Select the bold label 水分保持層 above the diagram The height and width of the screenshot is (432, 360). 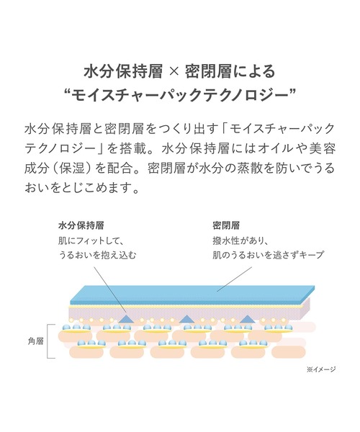(81, 225)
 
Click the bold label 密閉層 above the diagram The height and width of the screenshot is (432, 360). (226, 225)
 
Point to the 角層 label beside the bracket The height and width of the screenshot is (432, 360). (36, 341)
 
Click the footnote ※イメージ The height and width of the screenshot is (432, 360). (321, 369)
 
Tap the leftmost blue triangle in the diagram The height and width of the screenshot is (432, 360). (127, 318)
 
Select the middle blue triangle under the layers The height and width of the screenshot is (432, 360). (187, 319)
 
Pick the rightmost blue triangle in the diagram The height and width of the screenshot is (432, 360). (248, 319)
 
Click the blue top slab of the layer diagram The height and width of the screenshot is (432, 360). (192, 294)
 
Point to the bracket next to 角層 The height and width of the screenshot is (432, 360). (48, 341)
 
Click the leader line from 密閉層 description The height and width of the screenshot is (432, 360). (235, 279)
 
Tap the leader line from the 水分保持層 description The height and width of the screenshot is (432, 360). (110, 290)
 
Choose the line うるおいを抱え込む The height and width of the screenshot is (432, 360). (97, 255)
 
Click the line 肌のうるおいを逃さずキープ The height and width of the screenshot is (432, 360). (268, 255)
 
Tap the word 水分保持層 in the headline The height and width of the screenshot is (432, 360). (123, 72)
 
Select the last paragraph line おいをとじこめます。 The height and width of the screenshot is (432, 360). (81, 188)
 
